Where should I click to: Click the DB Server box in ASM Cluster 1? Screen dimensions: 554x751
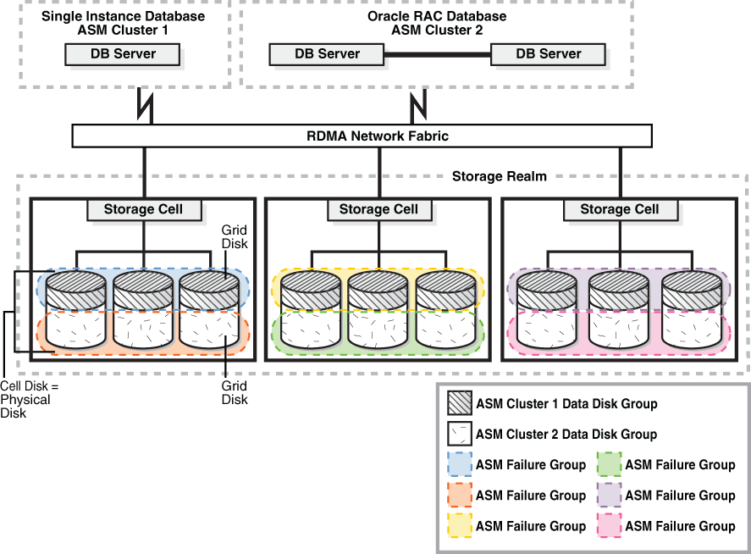[x=123, y=54]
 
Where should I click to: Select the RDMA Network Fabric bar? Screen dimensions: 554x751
[x=362, y=136]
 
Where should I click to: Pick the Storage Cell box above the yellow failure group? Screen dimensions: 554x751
[x=378, y=209]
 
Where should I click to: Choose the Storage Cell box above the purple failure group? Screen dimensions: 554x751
[x=619, y=209]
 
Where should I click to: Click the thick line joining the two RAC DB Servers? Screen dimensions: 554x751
[x=438, y=54]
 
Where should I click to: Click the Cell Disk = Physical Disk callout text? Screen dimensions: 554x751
[x=25, y=399]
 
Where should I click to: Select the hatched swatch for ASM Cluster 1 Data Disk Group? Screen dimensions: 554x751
[x=458, y=404]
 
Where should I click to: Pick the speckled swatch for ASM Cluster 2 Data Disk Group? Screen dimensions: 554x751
[x=458, y=435]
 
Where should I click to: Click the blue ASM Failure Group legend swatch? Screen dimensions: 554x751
[x=458, y=465]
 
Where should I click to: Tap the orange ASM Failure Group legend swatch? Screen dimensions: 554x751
[x=458, y=496]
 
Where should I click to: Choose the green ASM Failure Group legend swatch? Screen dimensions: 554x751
[x=607, y=465]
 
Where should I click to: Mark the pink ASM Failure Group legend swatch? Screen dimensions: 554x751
[x=607, y=526]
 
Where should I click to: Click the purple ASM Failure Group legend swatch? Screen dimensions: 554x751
[x=607, y=496]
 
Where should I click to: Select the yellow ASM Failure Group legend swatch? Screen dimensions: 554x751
[x=458, y=526]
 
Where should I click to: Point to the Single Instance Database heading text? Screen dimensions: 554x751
[x=123, y=16]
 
